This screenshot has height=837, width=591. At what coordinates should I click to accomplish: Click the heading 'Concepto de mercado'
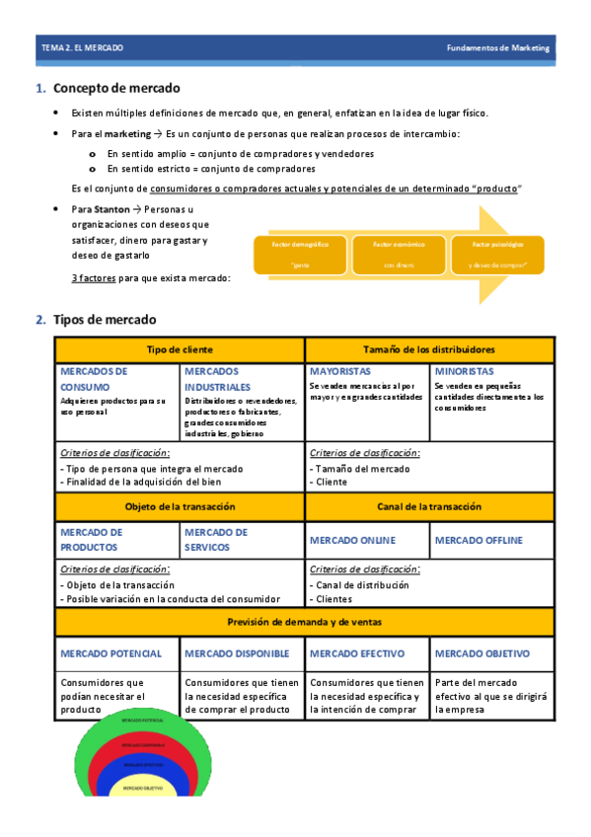(x=115, y=89)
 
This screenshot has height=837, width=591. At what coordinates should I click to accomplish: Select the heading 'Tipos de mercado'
(x=104, y=320)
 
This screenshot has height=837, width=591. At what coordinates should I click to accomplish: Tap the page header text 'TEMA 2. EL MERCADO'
(x=82, y=47)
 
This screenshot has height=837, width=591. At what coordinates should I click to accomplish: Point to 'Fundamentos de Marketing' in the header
(x=498, y=47)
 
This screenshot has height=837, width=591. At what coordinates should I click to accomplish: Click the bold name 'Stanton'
(x=111, y=209)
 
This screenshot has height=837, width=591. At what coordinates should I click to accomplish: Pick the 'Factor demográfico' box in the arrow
(x=294, y=253)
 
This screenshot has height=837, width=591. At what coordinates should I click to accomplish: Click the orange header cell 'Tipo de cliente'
(x=180, y=349)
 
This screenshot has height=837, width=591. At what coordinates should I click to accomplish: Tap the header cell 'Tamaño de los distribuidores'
(x=429, y=349)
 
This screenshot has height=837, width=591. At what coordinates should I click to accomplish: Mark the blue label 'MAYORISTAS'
(x=339, y=371)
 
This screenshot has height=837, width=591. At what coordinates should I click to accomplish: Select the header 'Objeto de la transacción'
(x=180, y=506)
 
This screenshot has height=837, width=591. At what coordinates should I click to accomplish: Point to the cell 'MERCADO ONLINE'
(x=352, y=540)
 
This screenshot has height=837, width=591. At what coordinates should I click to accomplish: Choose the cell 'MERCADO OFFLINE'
(x=479, y=540)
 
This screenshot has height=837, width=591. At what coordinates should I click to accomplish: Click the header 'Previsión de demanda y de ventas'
(x=305, y=622)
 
